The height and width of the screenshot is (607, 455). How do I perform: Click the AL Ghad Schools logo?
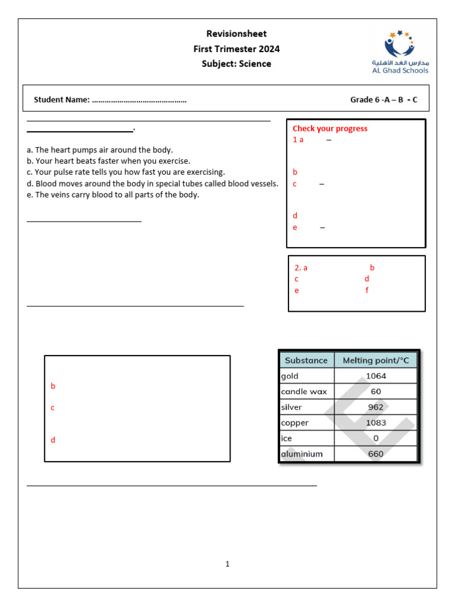[400, 52]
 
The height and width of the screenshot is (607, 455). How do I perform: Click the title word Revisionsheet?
[236, 34]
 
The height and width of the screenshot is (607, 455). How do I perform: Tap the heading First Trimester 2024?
[236, 49]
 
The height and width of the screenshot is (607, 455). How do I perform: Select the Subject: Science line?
[236, 64]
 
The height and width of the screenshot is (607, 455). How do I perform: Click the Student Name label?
[62, 100]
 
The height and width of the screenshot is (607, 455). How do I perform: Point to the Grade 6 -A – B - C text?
[383, 100]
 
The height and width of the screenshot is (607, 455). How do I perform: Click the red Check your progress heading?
[330, 129]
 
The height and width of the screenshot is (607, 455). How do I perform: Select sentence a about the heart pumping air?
[100, 150]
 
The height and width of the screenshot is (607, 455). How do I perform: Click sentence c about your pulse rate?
[126, 172]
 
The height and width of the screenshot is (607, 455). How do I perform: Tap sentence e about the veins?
[113, 194]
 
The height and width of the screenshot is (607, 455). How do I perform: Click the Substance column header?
[306, 360]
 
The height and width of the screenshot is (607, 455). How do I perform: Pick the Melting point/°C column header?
[376, 360]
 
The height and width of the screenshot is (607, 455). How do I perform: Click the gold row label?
[290, 376]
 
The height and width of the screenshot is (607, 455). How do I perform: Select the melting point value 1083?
[376, 423]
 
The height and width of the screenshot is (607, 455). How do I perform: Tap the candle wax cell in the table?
[304, 391]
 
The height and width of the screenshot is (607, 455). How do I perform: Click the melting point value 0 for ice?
[376, 439]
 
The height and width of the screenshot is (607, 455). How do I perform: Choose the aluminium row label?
[302, 454]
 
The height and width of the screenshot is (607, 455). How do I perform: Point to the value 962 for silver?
[376, 407]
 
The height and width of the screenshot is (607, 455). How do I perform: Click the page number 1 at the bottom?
[227, 564]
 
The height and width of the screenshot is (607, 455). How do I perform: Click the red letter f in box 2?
[367, 290]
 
